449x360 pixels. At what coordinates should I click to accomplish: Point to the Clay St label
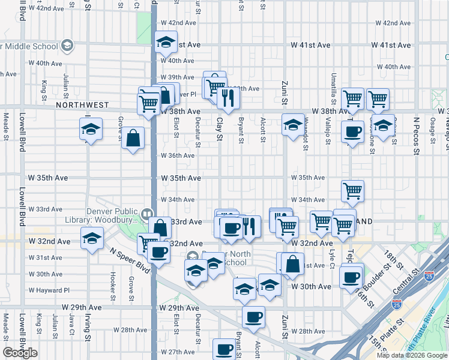[220, 129]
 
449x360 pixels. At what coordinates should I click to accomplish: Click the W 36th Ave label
[177, 155]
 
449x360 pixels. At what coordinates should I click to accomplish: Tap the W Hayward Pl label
[49, 289]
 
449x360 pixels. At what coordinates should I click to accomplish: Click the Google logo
[20, 353]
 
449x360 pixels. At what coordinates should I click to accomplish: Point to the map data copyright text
[411, 355]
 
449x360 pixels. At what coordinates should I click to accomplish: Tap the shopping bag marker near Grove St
[133, 139]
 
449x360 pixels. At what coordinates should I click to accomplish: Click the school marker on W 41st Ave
[164, 43]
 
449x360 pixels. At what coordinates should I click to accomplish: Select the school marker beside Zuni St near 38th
[292, 125]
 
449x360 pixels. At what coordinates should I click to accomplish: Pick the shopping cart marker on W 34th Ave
[352, 191]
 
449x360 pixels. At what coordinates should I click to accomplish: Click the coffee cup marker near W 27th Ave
[224, 349]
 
